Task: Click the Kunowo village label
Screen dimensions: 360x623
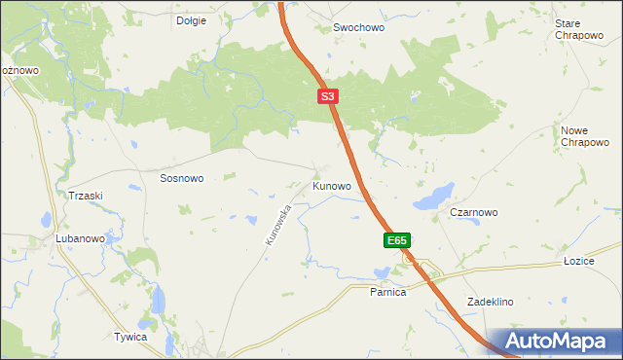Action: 331,185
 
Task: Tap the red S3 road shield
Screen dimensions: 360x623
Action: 328,96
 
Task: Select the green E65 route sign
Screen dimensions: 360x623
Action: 396,240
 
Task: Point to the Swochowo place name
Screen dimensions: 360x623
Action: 359,28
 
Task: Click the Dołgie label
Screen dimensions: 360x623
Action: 191,20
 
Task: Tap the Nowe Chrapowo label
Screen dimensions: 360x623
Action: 584,136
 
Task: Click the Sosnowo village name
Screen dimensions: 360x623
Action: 181,179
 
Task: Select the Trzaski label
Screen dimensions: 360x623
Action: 86,196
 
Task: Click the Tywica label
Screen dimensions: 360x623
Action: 129,337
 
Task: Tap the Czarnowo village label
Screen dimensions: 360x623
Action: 474,212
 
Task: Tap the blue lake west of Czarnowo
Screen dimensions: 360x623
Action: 433,196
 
